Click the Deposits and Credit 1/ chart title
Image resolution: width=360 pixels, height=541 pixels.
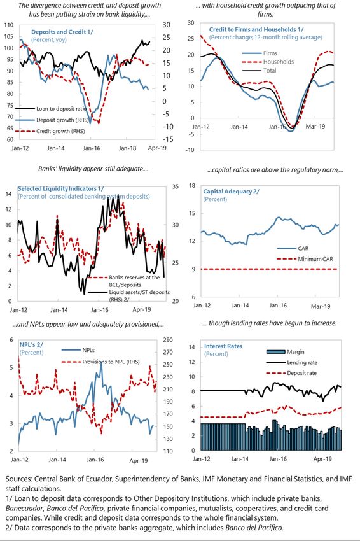tap(62, 32)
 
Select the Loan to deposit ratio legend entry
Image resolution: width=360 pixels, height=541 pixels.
tap(51, 109)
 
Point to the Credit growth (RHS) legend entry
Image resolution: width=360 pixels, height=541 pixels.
tap(50, 131)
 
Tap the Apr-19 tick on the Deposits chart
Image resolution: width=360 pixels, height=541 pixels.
tap(157, 148)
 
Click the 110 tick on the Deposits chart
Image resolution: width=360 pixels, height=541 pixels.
tap(9, 25)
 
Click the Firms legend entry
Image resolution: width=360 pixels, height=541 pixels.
tap(260, 53)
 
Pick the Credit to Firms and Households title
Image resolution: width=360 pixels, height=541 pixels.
tap(256, 29)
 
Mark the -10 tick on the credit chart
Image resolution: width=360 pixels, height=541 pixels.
tap(190, 150)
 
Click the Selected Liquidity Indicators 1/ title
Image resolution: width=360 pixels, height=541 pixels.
tap(60, 189)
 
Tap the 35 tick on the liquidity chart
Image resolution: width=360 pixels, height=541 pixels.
tap(175, 186)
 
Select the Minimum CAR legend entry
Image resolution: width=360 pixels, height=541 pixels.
tap(305, 259)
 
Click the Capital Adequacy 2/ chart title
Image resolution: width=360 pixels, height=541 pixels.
tap(231, 191)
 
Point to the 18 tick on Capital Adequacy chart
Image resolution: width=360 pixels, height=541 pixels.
tap(191, 186)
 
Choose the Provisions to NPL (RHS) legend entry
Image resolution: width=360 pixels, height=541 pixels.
tap(100, 362)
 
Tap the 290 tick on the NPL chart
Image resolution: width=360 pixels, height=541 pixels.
tap(168, 340)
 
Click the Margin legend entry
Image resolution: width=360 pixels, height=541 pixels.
tap(286, 352)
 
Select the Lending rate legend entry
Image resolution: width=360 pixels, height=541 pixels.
tap(292, 362)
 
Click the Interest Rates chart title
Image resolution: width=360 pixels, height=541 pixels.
tap(223, 346)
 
